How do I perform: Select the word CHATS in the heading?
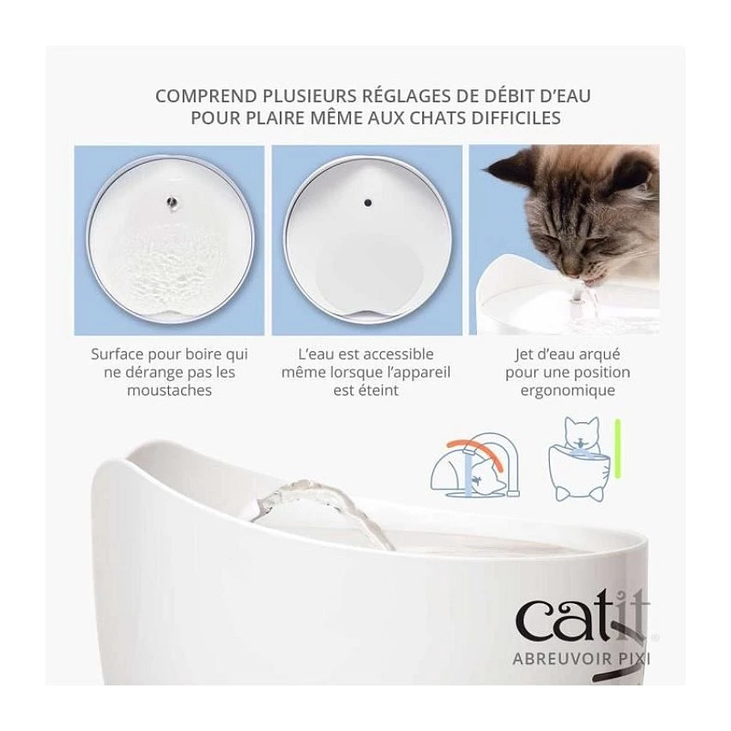tap(438, 118)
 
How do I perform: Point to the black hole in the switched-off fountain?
tap(368, 202)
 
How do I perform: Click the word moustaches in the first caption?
tap(169, 390)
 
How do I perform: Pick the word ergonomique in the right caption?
tap(568, 390)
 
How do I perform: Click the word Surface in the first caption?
tap(117, 354)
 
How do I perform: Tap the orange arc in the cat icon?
tap(475, 452)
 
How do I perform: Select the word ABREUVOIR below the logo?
tap(562, 659)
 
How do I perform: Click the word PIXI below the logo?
tap(633, 659)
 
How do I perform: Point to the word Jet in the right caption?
tap(524, 355)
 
